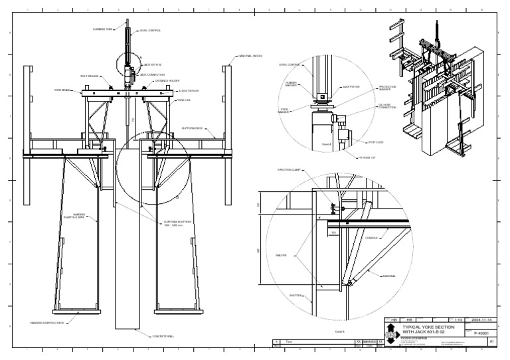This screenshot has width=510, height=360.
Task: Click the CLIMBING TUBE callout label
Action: [x=103, y=30]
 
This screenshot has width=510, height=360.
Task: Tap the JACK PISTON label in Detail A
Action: [x=351, y=86]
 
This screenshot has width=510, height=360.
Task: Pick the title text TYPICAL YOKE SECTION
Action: [x=426, y=329]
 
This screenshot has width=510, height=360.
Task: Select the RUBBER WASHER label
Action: [x=290, y=84]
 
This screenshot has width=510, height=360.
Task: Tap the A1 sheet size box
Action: [x=491, y=341]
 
